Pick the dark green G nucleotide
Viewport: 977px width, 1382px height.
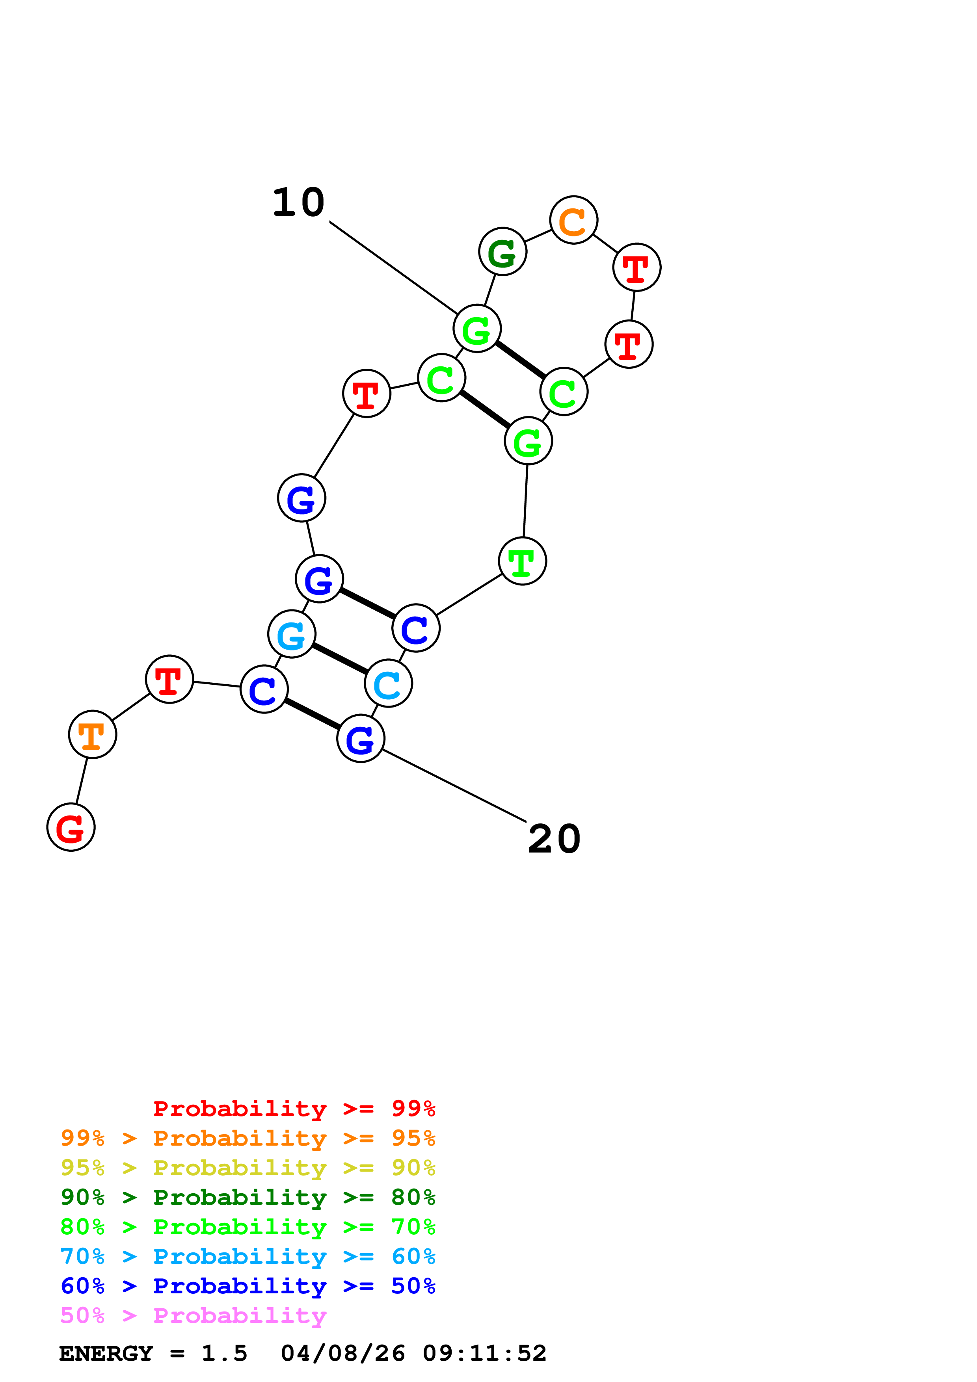(x=502, y=252)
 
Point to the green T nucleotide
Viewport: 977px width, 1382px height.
(x=523, y=561)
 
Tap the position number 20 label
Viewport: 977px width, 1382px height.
(x=554, y=839)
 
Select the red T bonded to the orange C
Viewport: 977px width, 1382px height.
(x=637, y=267)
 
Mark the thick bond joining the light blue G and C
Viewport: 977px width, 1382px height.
(x=340, y=658)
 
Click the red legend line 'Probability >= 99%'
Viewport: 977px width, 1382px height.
(x=294, y=1108)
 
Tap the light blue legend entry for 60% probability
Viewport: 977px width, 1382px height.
(x=248, y=1256)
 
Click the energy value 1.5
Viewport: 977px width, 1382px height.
(x=224, y=1353)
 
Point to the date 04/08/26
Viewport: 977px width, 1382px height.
(x=342, y=1353)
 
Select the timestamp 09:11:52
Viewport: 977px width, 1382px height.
(x=485, y=1353)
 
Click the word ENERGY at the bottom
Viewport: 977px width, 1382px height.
(x=106, y=1353)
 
